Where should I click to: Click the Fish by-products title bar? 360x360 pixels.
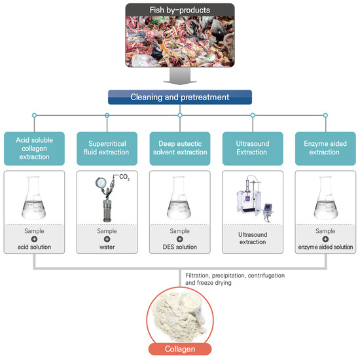click(x=180, y=9)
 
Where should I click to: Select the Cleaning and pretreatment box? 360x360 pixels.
click(x=180, y=98)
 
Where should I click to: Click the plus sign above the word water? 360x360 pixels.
click(x=107, y=240)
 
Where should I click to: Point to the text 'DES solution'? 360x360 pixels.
click(x=180, y=247)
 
